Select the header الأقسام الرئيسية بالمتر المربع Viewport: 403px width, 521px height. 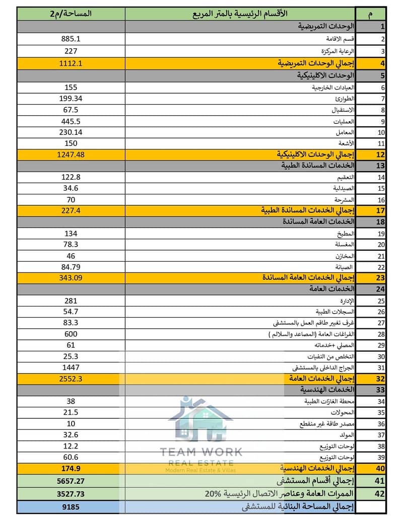(x=240, y=14)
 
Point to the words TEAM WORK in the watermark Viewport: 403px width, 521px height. (x=200, y=452)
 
